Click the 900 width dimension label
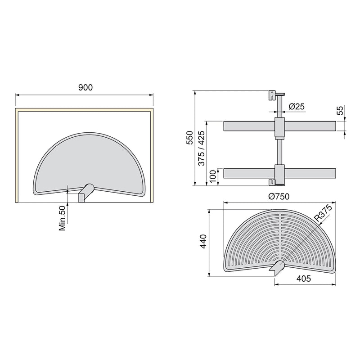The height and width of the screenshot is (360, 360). tap(85, 88)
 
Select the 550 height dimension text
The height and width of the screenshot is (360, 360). tap(189, 138)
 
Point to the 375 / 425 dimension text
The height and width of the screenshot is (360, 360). tap(201, 150)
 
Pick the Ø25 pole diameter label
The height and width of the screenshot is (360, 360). tap(297, 106)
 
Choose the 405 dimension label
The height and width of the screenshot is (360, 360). tap(305, 279)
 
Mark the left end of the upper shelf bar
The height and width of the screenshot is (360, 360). tap(225, 126)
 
